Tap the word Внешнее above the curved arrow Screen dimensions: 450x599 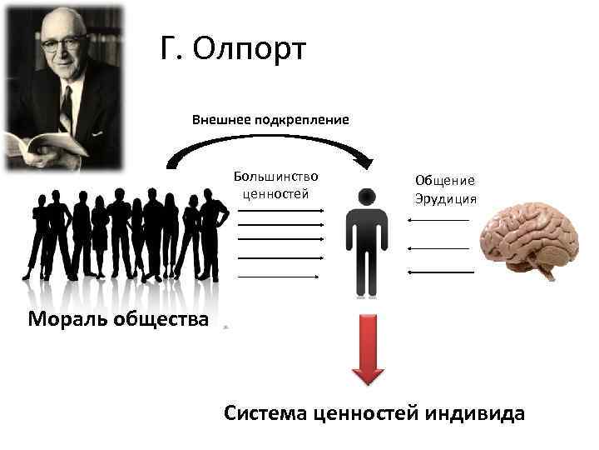pyautogui.click(x=220, y=119)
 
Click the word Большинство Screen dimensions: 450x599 pyautogui.click(x=275, y=177)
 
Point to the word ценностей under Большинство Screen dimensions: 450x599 pyautogui.click(x=275, y=193)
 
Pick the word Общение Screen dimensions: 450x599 pyautogui.click(x=445, y=180)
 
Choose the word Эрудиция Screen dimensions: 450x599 pyautogui.click(x=445, y=198)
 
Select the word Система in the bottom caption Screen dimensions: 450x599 pyautogui.click(x=268, y=412)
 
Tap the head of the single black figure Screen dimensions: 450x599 pyautogui.click(x=367, y=197)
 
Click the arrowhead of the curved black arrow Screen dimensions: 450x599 pyautogui.click(x=364, y=158)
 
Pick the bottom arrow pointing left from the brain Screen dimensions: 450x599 pyautogui.click(x=441, y=272)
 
